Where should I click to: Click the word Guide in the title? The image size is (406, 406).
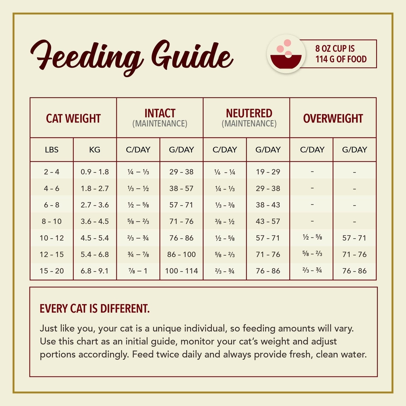192,56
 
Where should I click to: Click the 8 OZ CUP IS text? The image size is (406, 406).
335,49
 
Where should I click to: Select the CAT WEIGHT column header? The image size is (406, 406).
73,118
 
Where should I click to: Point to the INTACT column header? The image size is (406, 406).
160,113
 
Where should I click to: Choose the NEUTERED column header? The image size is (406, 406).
249,113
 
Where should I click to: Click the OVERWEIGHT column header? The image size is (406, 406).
333,118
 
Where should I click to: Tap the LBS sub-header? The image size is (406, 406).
52,150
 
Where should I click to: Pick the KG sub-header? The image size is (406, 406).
95,150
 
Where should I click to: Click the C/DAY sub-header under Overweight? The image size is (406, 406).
312,150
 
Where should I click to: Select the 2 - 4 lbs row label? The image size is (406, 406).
52,172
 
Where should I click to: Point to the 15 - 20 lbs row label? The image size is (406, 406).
52,271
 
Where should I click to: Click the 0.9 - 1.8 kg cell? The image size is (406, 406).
95,172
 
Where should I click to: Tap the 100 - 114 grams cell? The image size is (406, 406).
181,271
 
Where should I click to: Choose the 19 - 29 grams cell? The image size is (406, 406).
268,172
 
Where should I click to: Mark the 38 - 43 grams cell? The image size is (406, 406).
268,205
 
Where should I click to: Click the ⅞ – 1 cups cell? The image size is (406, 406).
138,271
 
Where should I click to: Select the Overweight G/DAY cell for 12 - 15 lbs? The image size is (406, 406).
355,254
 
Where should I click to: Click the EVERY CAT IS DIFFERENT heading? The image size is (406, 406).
95,309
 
